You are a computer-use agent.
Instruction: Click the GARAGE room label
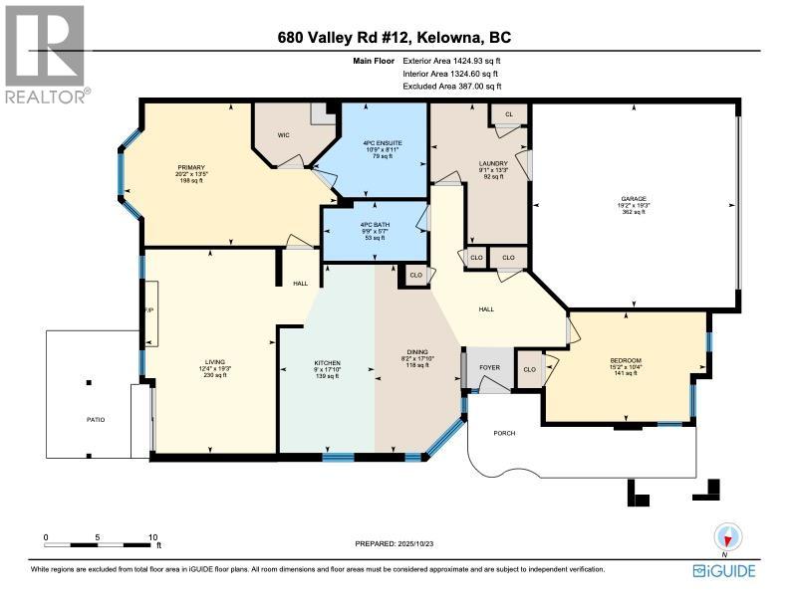pyautogui.click(x=634, y=199)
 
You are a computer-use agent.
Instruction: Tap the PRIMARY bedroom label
pyautogui.click(x=191, y=167)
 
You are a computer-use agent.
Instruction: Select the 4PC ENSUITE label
pyautogui.click(x=383, y=143)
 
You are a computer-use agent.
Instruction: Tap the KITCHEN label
pyautogui.click(x=328, y=362)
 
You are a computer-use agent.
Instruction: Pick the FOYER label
pyautogui.click(x=488, y=366)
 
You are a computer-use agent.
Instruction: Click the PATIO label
pyautogui.click(x=94, y=419)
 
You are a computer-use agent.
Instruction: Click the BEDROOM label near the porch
pyautogui.click(x=626, y=360)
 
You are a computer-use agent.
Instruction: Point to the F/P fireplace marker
pyautogui.click(x=149, y=310)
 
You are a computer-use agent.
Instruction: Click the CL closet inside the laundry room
pyautogui.click(x=508, y=115)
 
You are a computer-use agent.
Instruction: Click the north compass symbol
pyautogui.click(x=728, y=538)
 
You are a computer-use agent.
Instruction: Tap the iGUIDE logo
pyautogui.click(x=724, y=570)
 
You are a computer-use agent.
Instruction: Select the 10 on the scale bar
pyautogui.click(x=152, y=536)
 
